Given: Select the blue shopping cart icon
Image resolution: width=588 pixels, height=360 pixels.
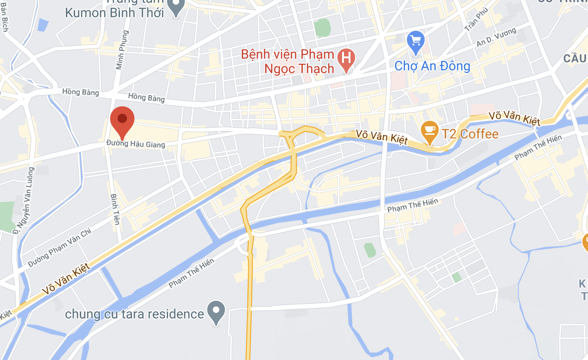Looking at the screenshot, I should [x=415, y=40].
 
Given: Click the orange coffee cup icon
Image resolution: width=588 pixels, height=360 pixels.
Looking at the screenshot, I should [x=429, y=131].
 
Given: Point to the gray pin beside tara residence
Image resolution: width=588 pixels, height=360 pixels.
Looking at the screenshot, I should [x=216, y=311].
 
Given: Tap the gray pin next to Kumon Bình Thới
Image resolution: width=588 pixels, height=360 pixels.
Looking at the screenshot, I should [x=176, y=7].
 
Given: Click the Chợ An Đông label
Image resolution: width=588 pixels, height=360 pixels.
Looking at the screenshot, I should [x=432, y=66].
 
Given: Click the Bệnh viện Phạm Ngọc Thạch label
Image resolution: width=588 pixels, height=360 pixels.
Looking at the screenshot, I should [x=288, y=62].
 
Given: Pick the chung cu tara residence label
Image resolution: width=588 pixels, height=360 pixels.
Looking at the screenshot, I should [x=134, y=314].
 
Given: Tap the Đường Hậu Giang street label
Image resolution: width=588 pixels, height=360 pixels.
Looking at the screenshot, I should [x=136, y=144].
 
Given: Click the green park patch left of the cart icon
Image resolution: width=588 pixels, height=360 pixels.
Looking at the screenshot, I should [x=322, y=28].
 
